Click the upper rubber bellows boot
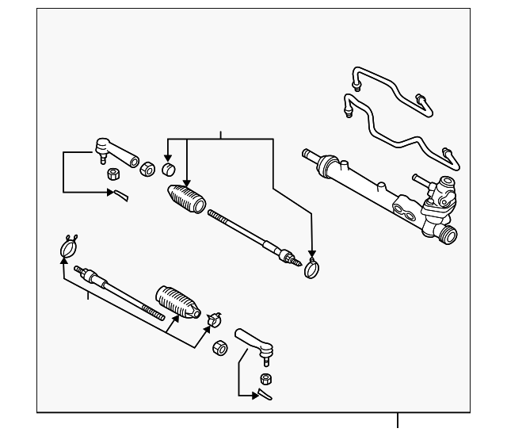click(x=185, y=197)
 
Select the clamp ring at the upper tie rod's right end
click(x=312, y=269)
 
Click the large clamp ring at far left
click(x=68, y=249)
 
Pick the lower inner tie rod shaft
click(x=119, y=291)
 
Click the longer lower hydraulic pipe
click(x=396, y=131)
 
